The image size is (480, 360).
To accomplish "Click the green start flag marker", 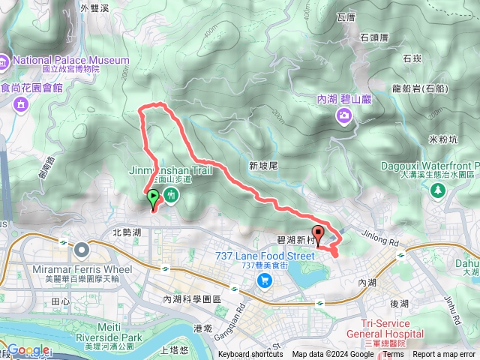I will click(153, 199).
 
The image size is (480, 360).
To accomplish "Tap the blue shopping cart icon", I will click(264, 280).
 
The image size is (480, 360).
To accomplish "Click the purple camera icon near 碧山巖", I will click(343, 114).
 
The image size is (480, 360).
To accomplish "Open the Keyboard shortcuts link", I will click(250, 355).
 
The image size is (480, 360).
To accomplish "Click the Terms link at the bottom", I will click(393, 355).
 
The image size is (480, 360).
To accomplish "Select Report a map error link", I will click(445, 355).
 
